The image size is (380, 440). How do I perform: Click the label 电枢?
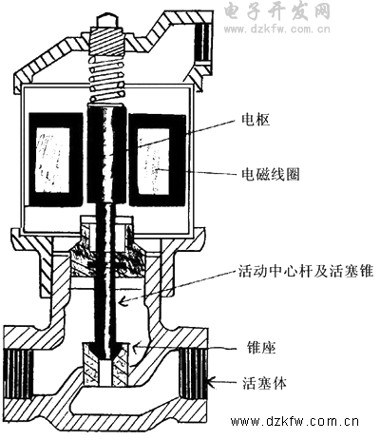256,121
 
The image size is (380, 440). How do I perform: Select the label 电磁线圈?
271,174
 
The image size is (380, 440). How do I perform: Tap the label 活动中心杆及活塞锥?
306,271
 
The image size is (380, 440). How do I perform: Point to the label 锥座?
261,348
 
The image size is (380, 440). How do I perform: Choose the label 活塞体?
264,383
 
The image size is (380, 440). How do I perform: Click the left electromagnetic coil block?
56,160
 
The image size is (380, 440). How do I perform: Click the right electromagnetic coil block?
157,160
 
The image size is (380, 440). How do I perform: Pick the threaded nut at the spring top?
106,39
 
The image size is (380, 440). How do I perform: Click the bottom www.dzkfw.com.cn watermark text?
294,422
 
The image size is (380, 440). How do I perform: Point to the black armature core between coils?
105,155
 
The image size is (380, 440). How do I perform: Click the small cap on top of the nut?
106,20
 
